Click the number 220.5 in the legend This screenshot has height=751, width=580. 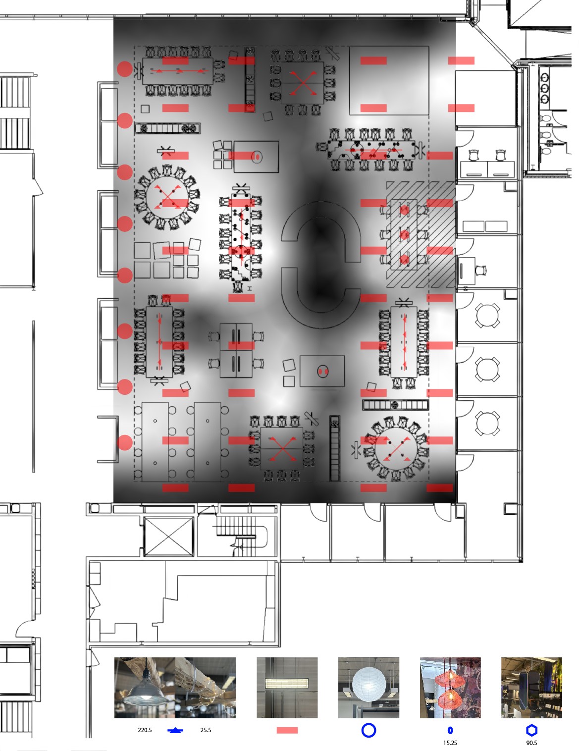(145, 730)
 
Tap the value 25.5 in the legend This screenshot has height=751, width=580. (206, 730)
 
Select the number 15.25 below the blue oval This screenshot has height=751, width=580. (450, 743)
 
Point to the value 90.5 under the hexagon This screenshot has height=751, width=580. (531, 743)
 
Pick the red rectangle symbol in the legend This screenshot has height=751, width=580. (287, 730)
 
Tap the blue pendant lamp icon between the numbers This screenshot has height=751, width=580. (175, 730)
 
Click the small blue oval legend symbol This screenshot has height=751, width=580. (450, 730)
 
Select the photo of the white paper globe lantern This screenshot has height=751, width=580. (369, 688)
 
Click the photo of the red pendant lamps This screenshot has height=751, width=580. (450, 688)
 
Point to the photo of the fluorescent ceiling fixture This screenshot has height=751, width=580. (287, 688)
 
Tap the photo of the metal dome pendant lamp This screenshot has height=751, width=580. (145, 688)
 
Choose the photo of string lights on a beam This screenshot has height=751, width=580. (206, 688)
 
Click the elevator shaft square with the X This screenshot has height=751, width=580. (168, 536)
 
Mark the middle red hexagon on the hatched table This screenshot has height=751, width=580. (404, 235)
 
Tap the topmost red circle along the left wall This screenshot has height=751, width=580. (125, 69)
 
